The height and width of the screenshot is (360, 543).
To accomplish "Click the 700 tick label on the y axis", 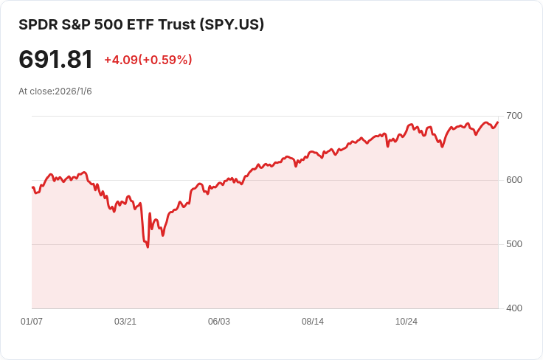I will pyautogui.click(x=513, y=116).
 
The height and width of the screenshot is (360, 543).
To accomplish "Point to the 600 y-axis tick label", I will pyautogui.click(x=513, y=180).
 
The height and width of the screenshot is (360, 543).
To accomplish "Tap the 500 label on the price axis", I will pyautogui.click(x=513, y=244).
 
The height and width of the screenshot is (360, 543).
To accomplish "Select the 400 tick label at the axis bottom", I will pyautogui.click(x=513, y=308).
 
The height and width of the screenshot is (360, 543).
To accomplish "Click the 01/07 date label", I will pyautogui.click(x=32, y=322).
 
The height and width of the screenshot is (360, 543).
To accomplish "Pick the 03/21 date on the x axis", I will pyautogui.click(x=125, y=322).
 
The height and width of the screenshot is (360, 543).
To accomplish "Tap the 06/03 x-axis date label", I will pyautogui.click(x=219, y=322).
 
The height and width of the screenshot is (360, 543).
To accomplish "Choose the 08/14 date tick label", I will pyautogui.click(x=313, y=322).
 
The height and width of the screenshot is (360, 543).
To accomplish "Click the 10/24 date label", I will pyautogui.click(x=407, y=322).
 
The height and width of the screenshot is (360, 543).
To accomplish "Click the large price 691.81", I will pyautogui.click(x=56, y=60).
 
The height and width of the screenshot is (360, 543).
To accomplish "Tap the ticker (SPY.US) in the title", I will pyautogui.click(x=232, y=24).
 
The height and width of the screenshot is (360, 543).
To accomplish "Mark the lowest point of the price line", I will pyautogui.click(x=148, y=247).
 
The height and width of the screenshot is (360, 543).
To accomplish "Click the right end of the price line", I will pyautogui.click(x=498, y=122).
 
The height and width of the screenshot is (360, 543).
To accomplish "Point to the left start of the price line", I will pyautogui.click(x=32, y=187).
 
